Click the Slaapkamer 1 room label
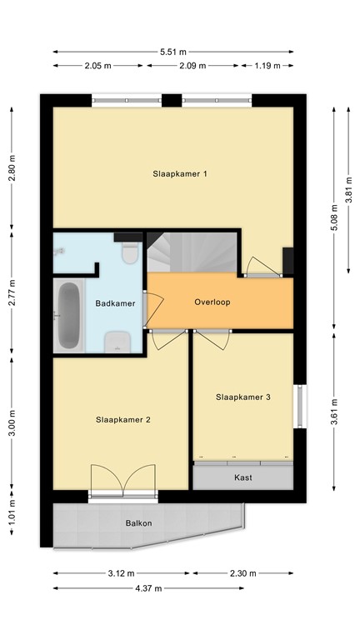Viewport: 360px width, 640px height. (x=179, y=174)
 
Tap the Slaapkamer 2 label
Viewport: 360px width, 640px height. (x=122, y=419)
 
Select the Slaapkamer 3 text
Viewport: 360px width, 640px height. (x=242, y=397)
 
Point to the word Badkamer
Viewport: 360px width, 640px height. (x=115, y=303)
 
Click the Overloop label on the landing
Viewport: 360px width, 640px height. (x=212, y=302)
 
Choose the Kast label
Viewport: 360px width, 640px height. (x=243, y=477)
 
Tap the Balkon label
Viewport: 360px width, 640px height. (x=138, y=523)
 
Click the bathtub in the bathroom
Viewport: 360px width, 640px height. (x=67, y=316)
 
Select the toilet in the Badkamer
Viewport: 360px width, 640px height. (x=129, y=252)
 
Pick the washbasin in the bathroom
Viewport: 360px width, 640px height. (x=117, y=339)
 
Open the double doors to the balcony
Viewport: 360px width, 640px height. (x=122, y=483)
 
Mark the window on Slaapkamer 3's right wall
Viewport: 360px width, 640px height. (x=298, y=406)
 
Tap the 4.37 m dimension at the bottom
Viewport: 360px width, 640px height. (x=148, y=587)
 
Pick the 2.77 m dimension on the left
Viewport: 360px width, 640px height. (x=12, y=296)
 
